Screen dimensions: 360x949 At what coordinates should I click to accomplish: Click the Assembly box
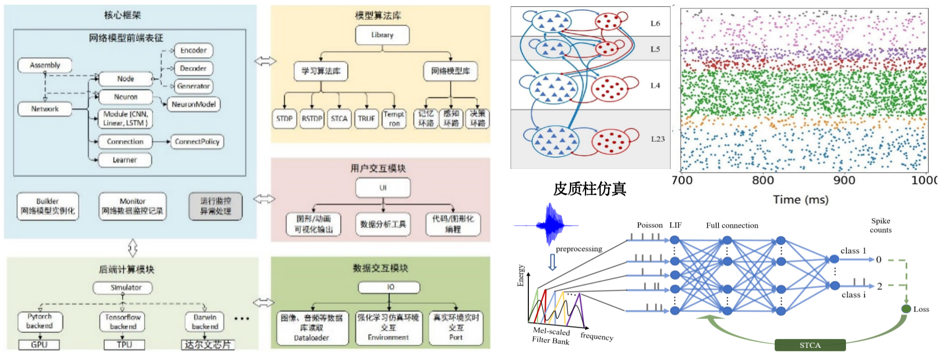(x=45, y=65)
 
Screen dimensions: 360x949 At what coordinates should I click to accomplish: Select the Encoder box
(x=193, y=50)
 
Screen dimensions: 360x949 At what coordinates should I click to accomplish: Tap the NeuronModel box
(x=194, y=104)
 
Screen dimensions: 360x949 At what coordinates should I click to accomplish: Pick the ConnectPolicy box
(x=197, y=141)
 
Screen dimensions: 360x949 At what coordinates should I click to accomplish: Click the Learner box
(x=124, y=160)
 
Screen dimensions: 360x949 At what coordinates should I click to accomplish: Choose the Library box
(x=382, y=35)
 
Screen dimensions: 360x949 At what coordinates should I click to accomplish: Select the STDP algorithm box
(x=284, y=119)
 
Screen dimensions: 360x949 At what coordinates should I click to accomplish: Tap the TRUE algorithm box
(x=366, y=119)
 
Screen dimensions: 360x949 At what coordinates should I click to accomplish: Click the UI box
(x=382, y=188)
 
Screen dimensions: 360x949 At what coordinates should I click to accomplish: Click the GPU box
(x=39, y=344)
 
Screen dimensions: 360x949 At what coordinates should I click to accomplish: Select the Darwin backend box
(x=205, y=322)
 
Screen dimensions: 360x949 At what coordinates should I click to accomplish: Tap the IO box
(x=390, y=287)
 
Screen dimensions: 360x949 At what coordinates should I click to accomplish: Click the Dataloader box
(x=312, y=328)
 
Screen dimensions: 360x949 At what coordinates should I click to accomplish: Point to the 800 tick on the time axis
(x=763, y=180)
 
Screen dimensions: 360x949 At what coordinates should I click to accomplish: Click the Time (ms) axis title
(x=800, y=200)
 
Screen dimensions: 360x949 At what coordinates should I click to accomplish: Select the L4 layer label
(x=655, y=86)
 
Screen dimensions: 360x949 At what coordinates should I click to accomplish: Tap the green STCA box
(x=810, y=346)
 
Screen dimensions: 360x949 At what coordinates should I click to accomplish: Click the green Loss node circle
(x=906, y=308)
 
